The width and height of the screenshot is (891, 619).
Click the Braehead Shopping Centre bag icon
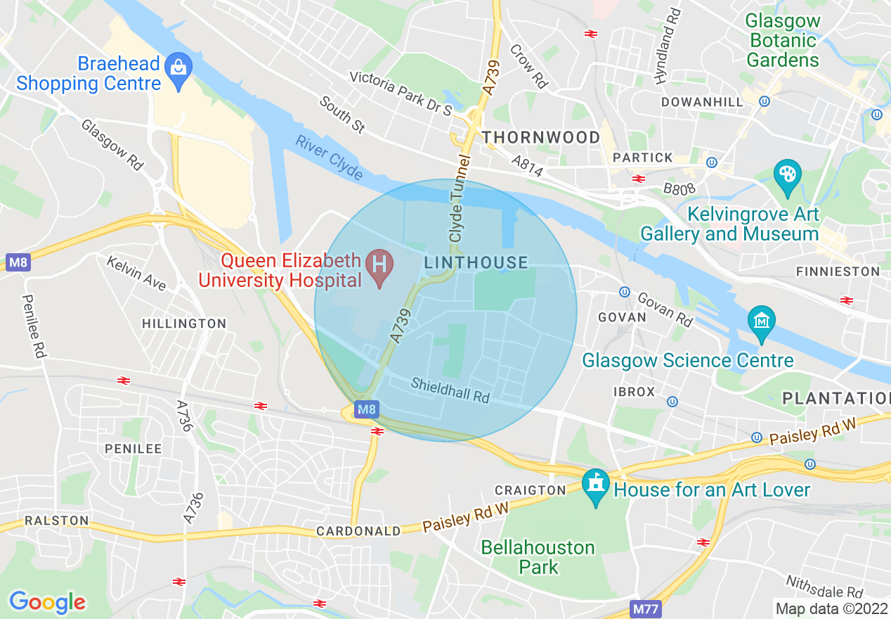[x=178, y=68]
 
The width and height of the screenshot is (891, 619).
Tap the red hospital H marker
[x=379, y=266]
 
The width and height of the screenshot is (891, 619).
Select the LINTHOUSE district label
[x=476, y=263]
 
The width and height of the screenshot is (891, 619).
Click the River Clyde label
[x=329, y=158]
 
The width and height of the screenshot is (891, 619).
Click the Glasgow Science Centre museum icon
[x=761, y=321]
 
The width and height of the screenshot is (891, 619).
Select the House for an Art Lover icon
[x=596, y=485]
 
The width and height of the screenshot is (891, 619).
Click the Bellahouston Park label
[x=538, y=557]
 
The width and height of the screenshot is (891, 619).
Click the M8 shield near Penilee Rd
[x=18, y=263]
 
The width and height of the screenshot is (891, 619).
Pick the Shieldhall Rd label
[x=450, y=390]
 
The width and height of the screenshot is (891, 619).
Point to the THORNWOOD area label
[x=540, y=137]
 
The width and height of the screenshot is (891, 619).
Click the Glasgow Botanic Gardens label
[x=783, y=40]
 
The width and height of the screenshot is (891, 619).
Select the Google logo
[x=47, y=602]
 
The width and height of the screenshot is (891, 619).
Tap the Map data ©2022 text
[x=830, y=608]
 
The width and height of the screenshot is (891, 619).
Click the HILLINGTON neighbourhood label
[x=184, y=324]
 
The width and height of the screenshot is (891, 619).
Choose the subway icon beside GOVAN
[x=624, y=291]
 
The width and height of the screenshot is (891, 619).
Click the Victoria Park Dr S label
[x=401, y=92]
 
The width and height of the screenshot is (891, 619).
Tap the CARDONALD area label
[x=358, y=531]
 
